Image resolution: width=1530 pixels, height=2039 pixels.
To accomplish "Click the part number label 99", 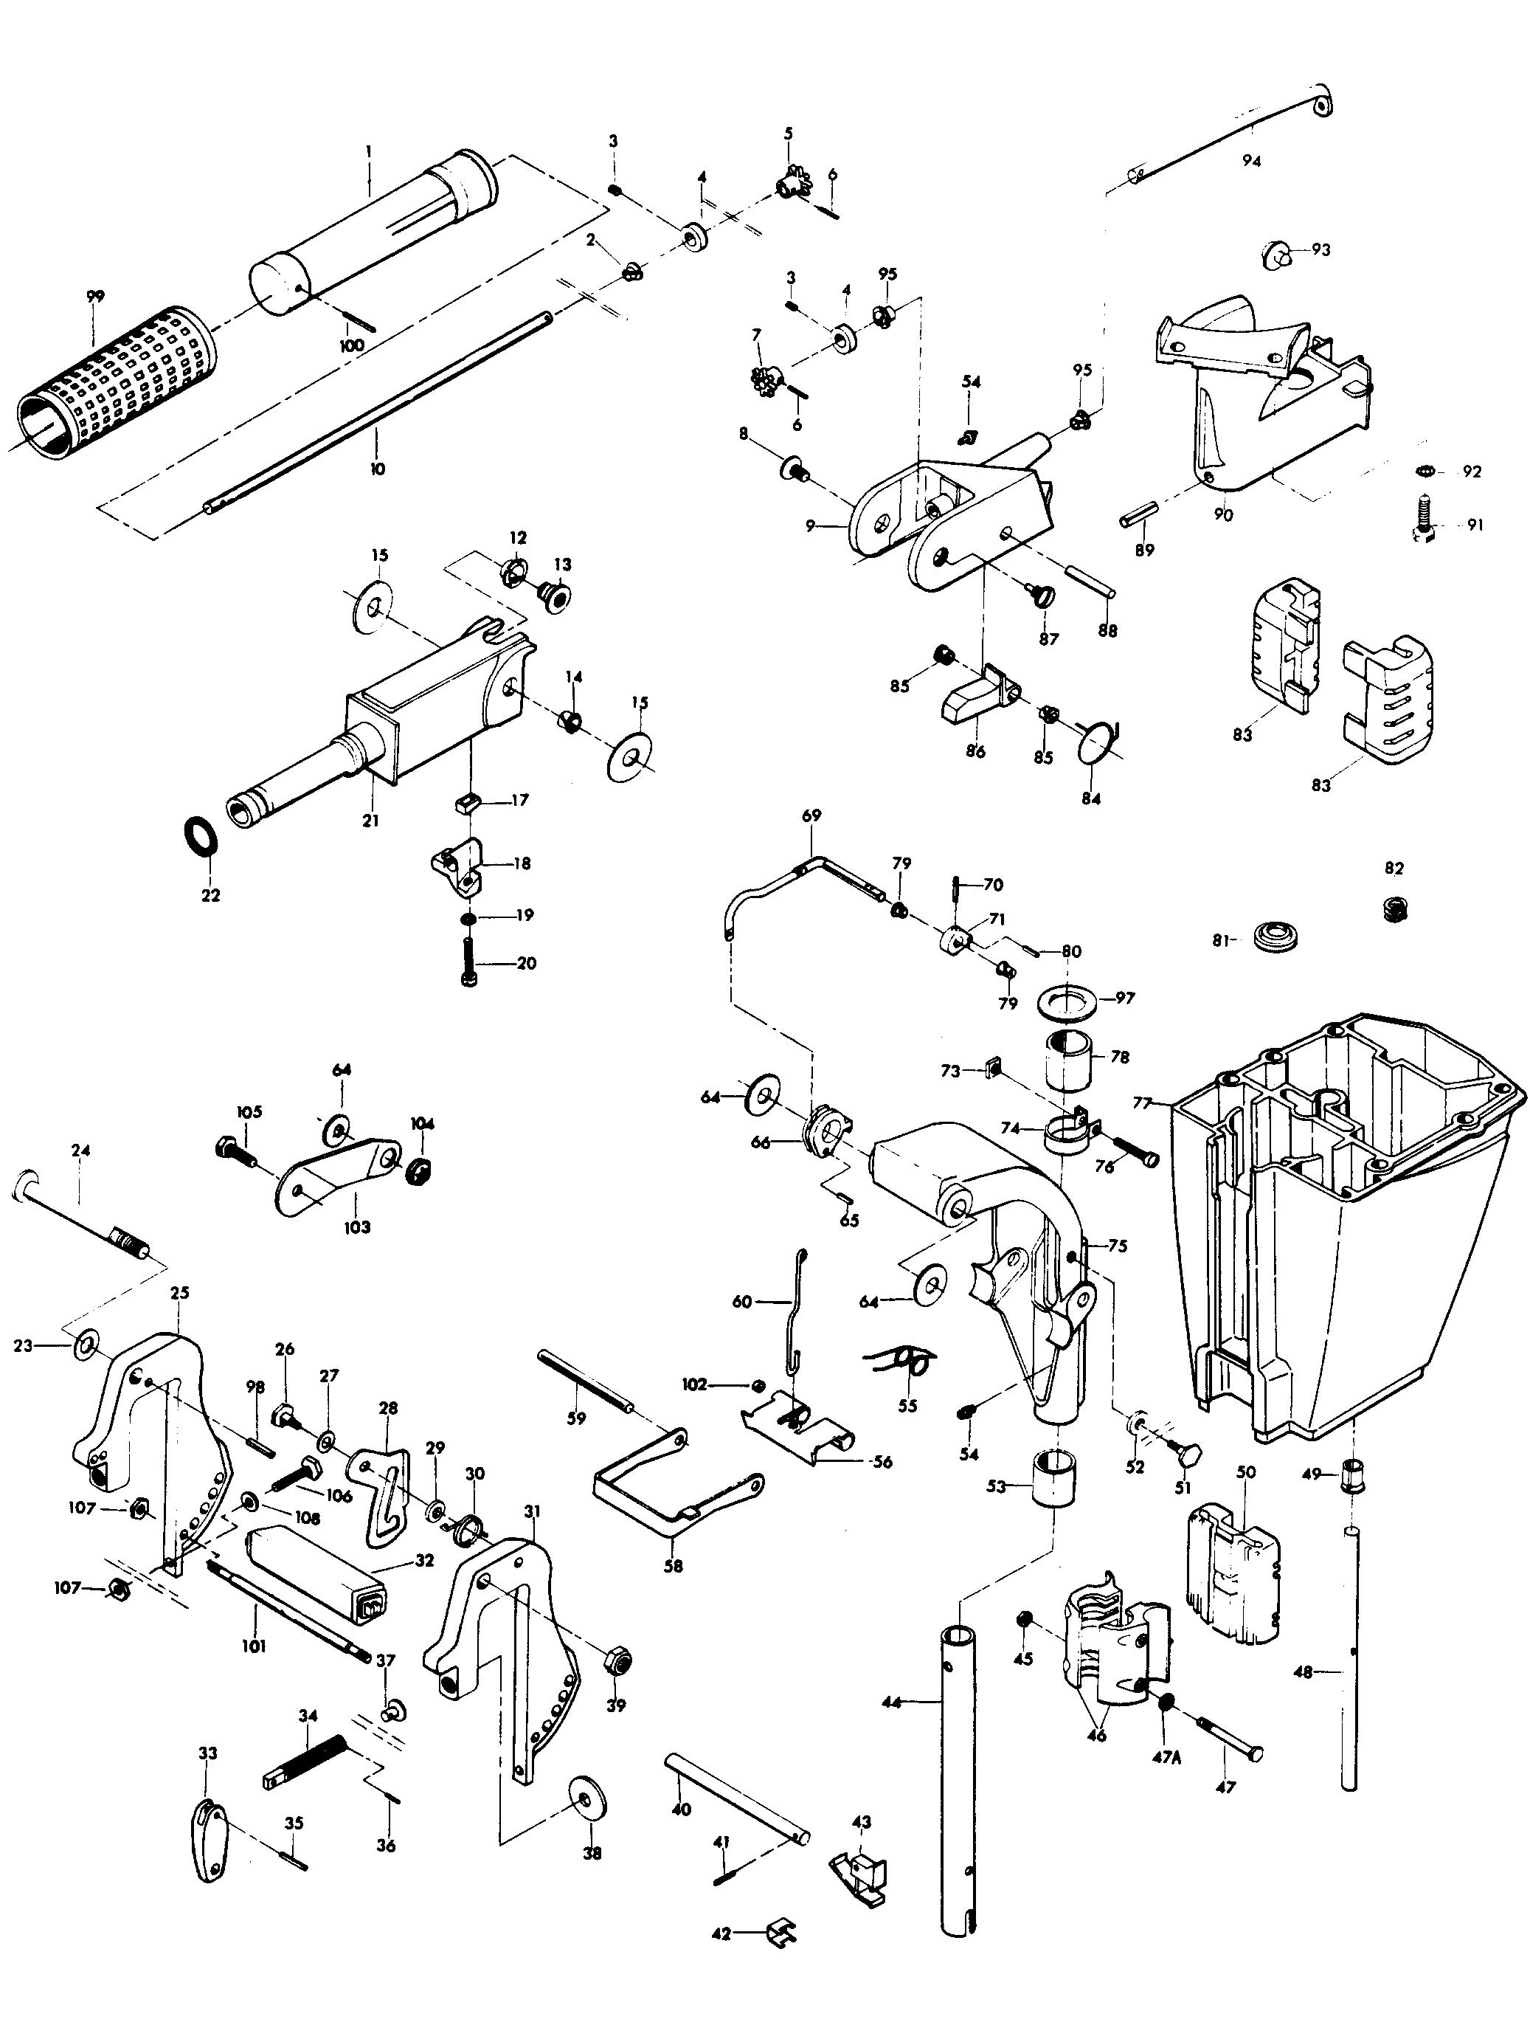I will [x=95, y=297].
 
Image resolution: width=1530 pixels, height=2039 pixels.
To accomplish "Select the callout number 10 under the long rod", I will [x=377, y=469].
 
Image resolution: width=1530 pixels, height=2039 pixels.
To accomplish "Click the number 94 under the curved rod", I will [x=1250, y=160].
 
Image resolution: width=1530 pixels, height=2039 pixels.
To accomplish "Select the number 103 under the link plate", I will [x=357, y=1227].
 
